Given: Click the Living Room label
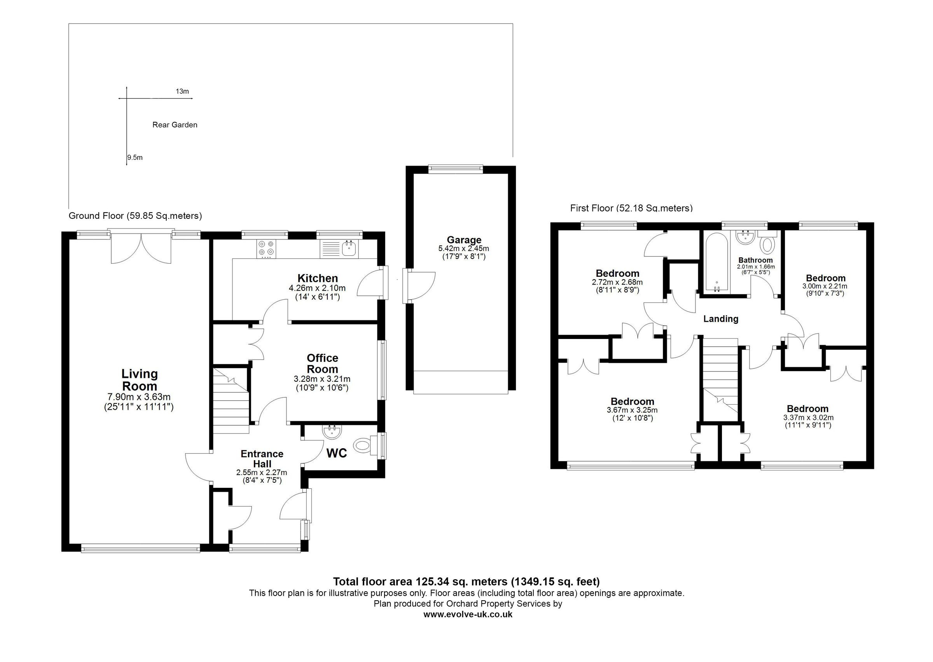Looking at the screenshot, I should tap(140, 379).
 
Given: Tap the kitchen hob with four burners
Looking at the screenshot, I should tap(266, 248).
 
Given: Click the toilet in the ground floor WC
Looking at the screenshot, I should tap(363, 444).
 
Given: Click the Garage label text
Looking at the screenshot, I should tap(464, 240).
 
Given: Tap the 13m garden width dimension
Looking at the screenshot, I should tap(182, 91).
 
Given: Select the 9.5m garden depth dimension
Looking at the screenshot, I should tap(135, 157).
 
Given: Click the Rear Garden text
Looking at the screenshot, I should tap(175, 125).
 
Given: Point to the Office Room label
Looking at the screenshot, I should tap(322, 363).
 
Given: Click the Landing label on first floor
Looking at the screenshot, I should tap(721, 319).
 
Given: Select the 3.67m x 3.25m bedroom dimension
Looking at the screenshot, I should tap(632, 410).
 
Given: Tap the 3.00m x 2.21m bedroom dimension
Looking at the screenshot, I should tap(825, 286).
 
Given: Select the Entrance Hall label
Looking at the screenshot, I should tap(262, 459).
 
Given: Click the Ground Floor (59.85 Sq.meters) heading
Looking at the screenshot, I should tap(135, 216).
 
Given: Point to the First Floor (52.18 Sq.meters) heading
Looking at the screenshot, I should tap(631, 208).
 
